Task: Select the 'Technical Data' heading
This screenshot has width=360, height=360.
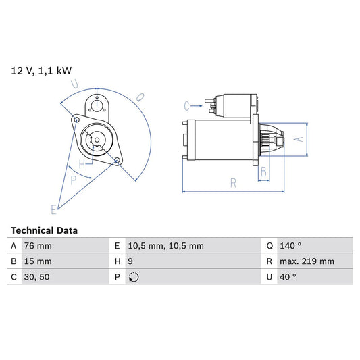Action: (44, 230)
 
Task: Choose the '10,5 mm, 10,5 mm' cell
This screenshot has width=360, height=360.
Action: (165, 246)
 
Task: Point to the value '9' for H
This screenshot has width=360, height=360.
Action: (130, 261)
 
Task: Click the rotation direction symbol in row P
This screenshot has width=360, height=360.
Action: (134, 277)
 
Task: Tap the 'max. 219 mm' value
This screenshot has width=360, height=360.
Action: (307, 261)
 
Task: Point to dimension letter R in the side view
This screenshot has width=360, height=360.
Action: (232, 182)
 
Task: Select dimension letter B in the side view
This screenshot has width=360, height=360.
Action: (264, 172)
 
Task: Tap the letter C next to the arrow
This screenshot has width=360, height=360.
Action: (187, 105)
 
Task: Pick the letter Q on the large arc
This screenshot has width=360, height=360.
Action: (140, 97)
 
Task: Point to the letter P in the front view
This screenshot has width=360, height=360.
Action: (74, 180)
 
